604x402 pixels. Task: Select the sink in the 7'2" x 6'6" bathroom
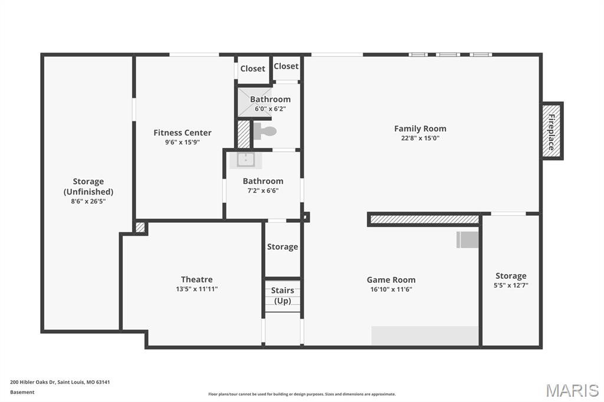246,160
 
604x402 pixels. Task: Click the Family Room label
420,128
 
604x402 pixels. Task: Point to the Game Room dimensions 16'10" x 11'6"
391,289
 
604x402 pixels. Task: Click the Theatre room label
196,279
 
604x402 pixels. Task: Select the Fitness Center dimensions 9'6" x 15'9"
182,142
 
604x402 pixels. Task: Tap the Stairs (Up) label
283,295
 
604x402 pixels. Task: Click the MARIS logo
572,390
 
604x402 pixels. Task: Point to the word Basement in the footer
22,392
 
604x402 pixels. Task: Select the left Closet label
252,68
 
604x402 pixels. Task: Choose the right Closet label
286,66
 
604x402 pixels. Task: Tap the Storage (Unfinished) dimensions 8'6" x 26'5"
88,201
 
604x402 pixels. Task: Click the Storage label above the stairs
283,247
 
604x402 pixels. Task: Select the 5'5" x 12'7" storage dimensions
511,285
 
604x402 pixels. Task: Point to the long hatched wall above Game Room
424,219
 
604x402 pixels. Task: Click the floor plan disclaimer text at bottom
301,394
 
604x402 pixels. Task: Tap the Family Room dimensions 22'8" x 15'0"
420,139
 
